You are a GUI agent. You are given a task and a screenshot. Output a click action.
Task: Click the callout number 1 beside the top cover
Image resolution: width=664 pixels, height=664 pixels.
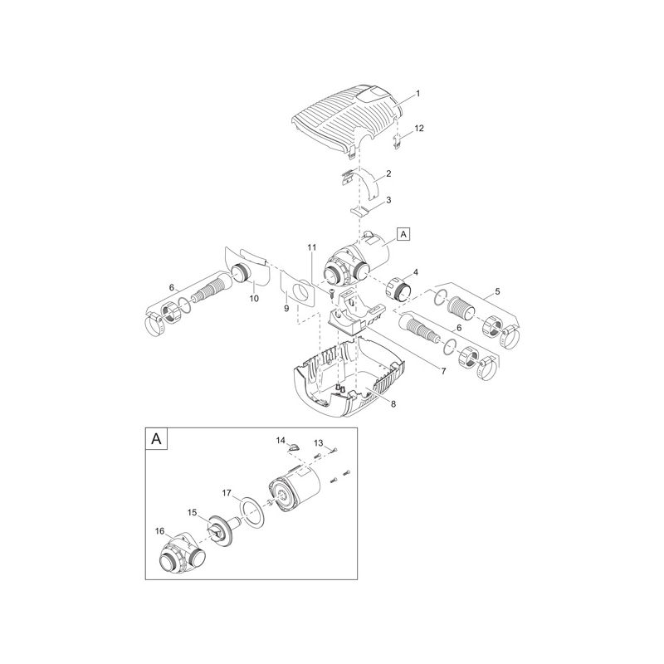[418, 94]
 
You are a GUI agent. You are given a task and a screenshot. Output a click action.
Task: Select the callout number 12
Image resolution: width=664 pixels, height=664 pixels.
[419, 128]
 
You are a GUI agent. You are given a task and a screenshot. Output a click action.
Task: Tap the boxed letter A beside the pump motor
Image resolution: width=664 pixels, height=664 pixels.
[403, 234]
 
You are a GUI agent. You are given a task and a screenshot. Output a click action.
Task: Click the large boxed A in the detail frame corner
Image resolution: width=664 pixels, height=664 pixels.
[156, 439]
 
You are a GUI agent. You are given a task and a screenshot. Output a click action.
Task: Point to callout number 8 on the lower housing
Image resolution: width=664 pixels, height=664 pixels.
[393, 404]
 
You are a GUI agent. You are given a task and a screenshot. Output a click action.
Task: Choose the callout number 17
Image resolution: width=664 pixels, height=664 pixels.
[227, 493]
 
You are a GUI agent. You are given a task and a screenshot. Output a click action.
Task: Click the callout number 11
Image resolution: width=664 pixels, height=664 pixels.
[312, 247]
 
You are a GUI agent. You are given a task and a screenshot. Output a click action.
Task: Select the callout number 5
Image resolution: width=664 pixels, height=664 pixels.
[497, 291]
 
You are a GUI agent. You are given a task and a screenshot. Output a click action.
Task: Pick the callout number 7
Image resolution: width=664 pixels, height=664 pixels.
[443, 371]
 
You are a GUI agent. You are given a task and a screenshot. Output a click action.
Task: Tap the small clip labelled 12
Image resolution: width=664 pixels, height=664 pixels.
[398, 140]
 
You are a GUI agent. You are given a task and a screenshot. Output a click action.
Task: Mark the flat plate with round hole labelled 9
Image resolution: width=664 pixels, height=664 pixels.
[298, 291]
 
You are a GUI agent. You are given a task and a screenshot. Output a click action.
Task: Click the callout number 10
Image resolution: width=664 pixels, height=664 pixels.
[254, 299]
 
